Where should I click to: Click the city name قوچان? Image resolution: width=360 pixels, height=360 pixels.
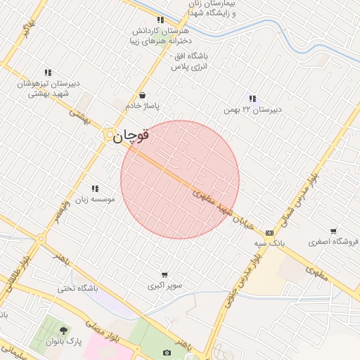tap(131, 136)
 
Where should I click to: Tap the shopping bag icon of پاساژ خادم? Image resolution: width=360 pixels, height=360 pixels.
tap(143, 95)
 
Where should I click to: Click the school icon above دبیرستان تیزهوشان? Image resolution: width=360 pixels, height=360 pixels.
tap(48, 72)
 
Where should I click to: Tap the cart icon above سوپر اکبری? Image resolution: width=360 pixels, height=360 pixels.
tap(165, 275)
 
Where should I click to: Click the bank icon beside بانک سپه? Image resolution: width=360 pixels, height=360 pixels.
tap(269, 233)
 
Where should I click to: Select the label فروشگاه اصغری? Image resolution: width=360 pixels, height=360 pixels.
tap(333, 242)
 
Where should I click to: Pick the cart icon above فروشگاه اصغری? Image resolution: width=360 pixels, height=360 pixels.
tap(333, 231)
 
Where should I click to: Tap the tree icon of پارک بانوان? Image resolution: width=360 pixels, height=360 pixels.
tap(64, 330)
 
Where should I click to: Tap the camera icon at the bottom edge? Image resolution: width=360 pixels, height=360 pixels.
tap(167, 352)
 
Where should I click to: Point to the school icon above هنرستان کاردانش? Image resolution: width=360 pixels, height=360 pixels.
tap(160, 20)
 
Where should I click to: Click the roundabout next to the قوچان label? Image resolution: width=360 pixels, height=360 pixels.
tap(110, 136)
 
